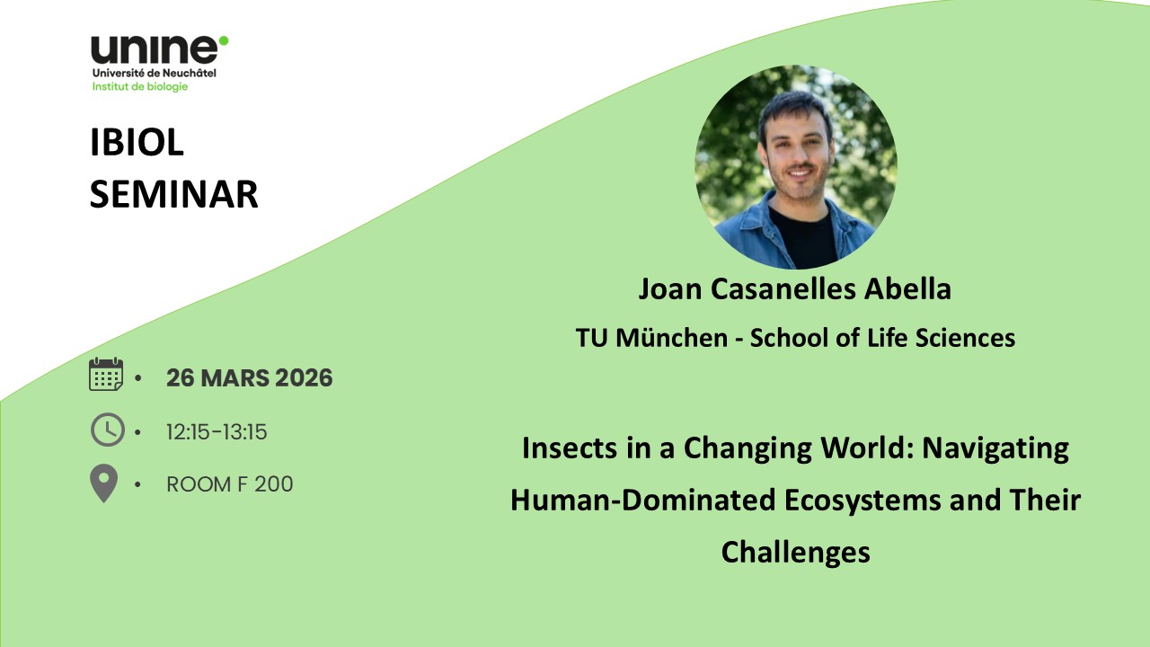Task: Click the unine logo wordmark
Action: (x=155, y=50)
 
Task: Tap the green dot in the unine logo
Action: (x=224, y=40)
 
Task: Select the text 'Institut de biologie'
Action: (x=139, y=86)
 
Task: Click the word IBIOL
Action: (x=137, y=142)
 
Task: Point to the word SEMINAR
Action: (x=173, y=195)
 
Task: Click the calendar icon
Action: (x=106, y=375)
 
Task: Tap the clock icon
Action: (x=107, y=430)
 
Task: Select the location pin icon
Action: (x=103, y=483)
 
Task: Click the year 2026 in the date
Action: (x=304, y=378)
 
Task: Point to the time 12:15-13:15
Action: (x=217, y=432)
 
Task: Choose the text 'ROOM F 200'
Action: (x=229, y=484)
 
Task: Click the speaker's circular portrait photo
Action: (x=796, y=167)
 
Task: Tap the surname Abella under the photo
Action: (x=907, y=288)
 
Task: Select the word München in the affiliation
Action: (x=671, y=338)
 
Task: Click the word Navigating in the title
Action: (x=995, y=448)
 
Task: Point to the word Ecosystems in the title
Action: (x=862, y=501)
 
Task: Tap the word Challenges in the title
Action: (x=795, y=553)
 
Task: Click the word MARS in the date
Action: (x=234, y=378)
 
